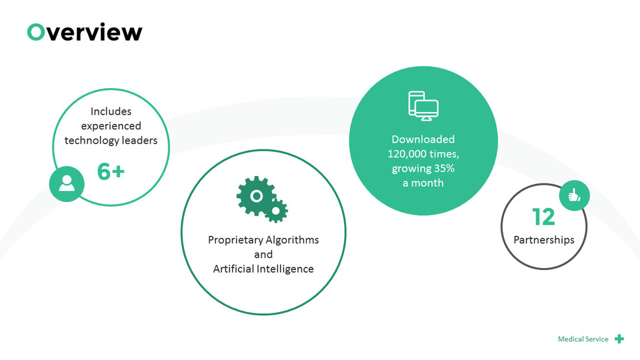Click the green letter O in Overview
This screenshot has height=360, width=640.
[x=36, y=32]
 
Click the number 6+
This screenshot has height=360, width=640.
[x=111, y=171]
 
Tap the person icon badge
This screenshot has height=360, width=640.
[x=67, y=184]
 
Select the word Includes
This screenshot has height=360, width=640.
[x=111, y=111]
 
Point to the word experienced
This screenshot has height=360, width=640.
[x=111, y=126]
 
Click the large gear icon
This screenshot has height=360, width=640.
[x=255, y=195]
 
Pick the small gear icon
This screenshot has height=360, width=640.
[x=277, y=210]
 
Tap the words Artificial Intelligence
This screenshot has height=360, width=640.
[x=263, y=269]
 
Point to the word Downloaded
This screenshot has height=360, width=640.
[x=423, y=139]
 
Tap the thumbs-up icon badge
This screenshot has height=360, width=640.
[x=574, y=195]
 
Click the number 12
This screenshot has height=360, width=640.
[x=543, y=218]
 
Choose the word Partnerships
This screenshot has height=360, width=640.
[x=543, y=240]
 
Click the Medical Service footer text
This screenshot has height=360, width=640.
[x=583, y=339]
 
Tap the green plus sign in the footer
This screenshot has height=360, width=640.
[x=619, y=339]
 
